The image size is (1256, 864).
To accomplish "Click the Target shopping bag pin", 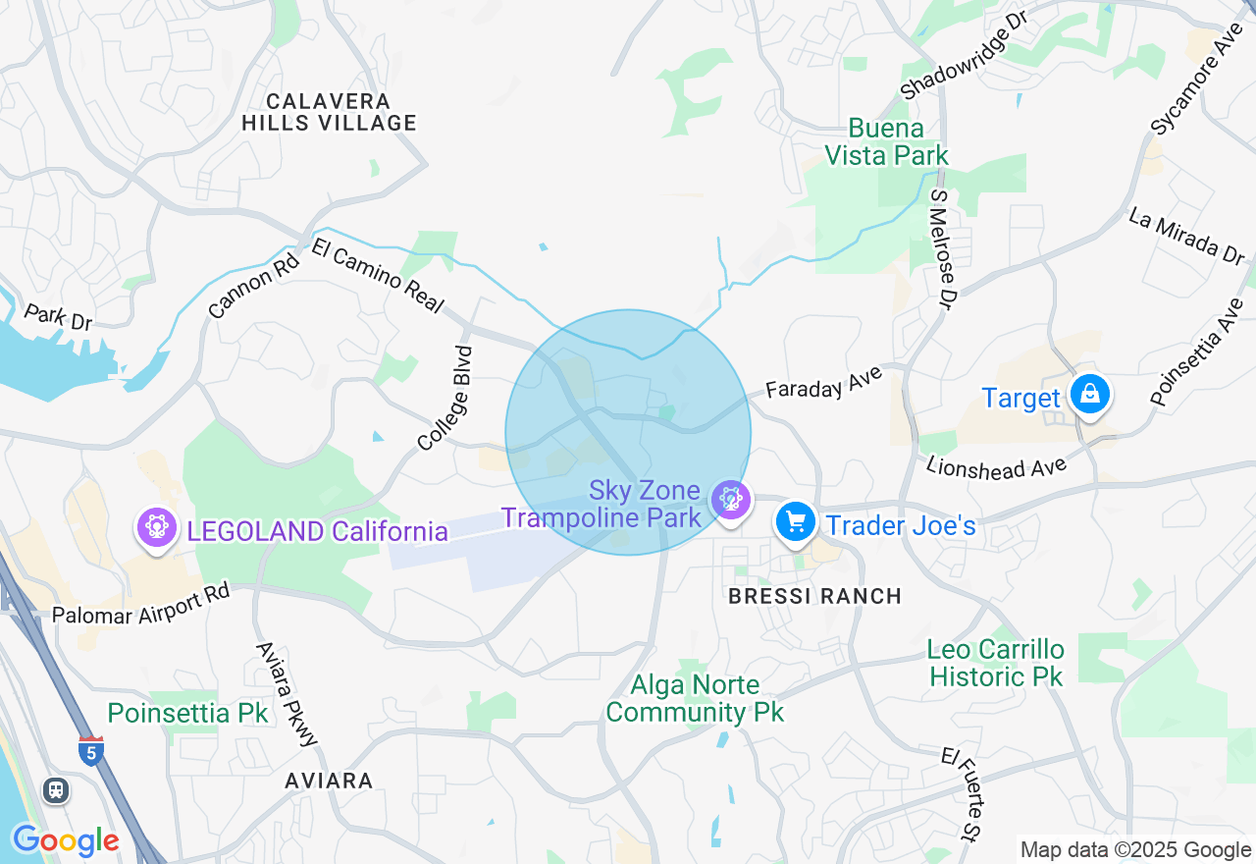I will click(x=1088, y=395).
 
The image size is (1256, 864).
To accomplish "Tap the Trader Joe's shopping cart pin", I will click(x=795, y=521).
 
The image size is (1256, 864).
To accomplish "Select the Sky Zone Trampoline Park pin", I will click(x=730, y=500).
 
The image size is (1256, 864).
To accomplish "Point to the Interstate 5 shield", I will click(x=90, y=752).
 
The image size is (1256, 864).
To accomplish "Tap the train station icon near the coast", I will click(x=56, y=789).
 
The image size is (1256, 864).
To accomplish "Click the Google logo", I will click(x=65, y=840).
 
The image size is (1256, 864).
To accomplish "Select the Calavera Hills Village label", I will click(x=329, y=112).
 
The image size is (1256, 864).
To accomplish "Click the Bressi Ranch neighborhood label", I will click(x=814, y=596).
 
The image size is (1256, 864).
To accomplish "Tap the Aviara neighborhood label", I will click(x=329, y=782).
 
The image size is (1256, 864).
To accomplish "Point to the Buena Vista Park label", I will click(x=886, y=142).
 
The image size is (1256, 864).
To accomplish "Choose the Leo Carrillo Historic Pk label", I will click(x=996, y=663).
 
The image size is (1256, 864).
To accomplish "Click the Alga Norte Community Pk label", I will click(x=696, y=698).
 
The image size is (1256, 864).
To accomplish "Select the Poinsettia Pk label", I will click(x=187, y=713).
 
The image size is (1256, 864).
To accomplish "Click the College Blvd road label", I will click(x=445, y=399).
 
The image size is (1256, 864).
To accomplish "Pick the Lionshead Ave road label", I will click(x=996, y=466).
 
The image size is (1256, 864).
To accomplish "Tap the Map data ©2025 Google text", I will click(x=1135, y=850).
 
